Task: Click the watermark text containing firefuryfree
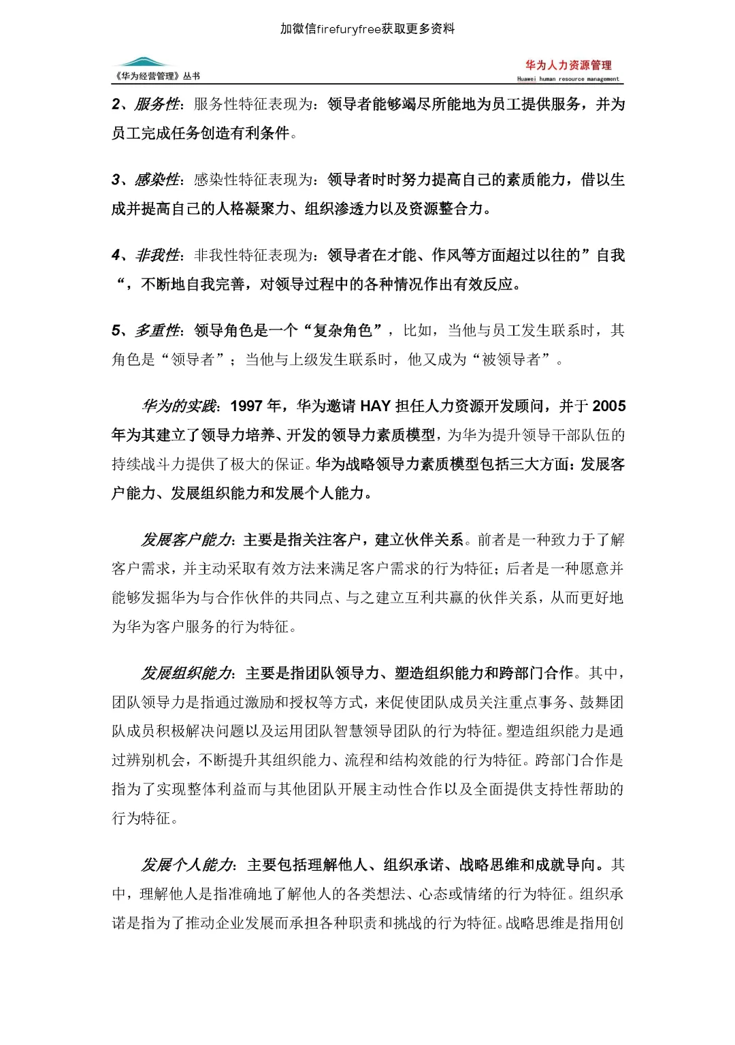367,29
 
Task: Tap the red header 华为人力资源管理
568,65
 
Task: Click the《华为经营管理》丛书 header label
158,76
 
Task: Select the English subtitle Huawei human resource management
568,79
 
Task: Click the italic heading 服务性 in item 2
157,104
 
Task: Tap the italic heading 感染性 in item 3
157,180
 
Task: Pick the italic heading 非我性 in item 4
157,255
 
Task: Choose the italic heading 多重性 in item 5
157,331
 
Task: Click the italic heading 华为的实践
178,406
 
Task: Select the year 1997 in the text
246,406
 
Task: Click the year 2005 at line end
609,406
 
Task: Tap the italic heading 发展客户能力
186,541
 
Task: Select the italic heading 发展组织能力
186,674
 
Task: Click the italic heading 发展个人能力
186,865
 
